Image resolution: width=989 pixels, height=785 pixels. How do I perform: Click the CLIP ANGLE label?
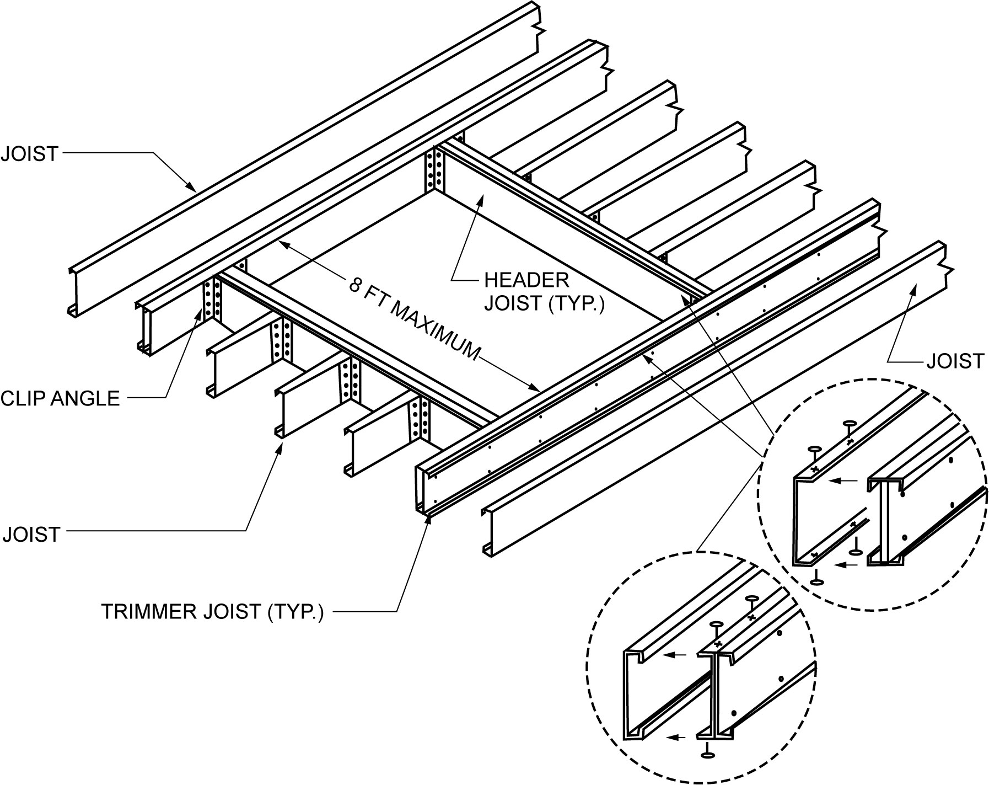pos(60,398)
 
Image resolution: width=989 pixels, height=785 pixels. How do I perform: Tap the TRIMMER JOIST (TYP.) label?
pos(212,612)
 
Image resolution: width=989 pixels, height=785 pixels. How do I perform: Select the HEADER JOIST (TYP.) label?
pos(544,292)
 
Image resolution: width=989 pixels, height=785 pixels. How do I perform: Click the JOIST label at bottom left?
pos(31,535)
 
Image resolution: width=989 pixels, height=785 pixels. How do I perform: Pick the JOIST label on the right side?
pos(955,361)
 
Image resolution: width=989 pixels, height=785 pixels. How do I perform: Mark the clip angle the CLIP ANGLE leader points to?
pos(212,301)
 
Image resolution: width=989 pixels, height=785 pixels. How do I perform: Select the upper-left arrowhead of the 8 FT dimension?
pos(281,242)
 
